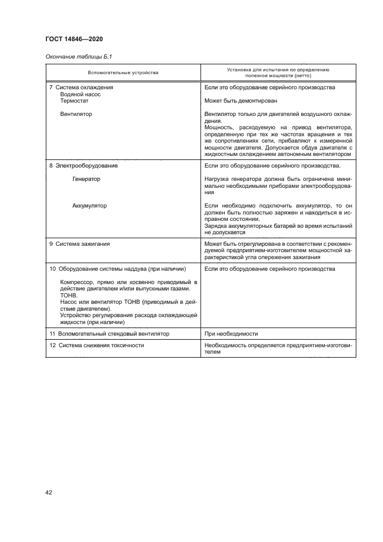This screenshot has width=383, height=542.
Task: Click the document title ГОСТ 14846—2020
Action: [x=75, y=39]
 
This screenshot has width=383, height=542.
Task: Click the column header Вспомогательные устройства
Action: [x=123, y=73]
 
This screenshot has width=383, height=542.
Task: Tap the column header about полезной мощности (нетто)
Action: [x=278, y=73]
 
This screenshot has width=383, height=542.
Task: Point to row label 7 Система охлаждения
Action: [x=81, y=88]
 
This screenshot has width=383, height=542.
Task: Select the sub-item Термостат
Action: [x=75, y=100]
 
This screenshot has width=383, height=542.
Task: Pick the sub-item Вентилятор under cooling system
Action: [x=76, y=114]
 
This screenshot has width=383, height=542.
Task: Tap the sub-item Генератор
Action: [x=86, y=179]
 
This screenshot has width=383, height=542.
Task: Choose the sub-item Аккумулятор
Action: [x=89, y=206]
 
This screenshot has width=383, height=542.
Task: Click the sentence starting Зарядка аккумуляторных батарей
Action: [x=278, y=227]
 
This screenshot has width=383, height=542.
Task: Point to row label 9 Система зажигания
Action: [x=79, y=244]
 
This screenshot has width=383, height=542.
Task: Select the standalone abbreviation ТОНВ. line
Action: [x=68, y=295]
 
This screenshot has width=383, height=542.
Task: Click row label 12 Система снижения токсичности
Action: [x=97, y=345]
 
